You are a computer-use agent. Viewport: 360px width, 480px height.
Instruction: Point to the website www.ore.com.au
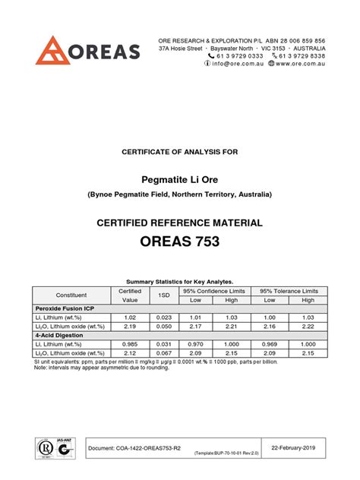point(300,65)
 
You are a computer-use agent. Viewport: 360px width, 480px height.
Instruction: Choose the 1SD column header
point(163,295)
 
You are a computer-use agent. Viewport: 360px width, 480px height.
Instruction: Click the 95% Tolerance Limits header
point(289,291)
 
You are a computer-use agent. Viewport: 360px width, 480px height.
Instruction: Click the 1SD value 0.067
point(163,352)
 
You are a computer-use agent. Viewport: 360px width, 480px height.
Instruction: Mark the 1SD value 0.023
point(163,318)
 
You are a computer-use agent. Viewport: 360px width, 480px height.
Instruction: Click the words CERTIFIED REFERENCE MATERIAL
point(179,223)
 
